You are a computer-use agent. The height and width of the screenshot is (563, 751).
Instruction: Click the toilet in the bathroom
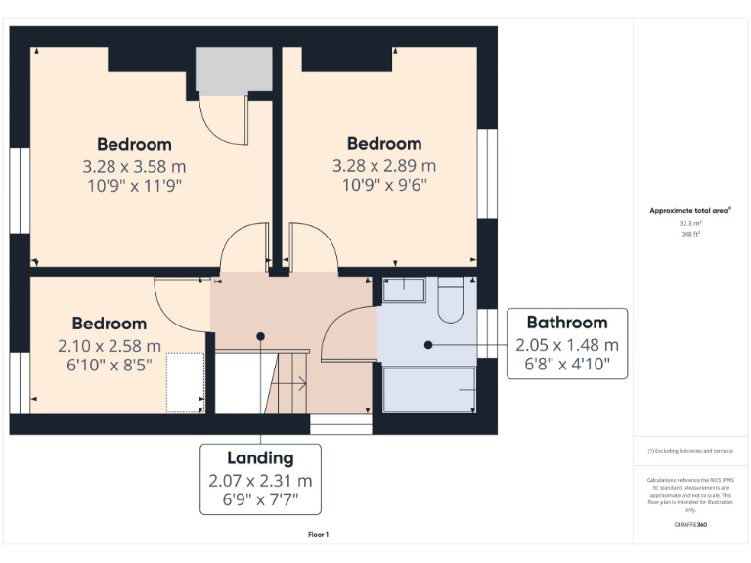tap(452, 301)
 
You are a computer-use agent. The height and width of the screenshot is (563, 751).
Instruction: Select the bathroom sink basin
tap(403, 288)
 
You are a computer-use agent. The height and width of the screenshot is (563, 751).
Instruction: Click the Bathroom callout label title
tap(567, 323)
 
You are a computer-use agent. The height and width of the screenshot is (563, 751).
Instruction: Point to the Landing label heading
tap(260, 457)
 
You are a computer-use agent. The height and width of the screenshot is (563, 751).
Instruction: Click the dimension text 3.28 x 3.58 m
tap(135, 165)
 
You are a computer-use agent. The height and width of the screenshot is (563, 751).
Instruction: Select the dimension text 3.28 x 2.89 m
tap(384, 165)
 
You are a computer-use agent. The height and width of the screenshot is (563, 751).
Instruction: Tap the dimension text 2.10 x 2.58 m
tap(110, 345)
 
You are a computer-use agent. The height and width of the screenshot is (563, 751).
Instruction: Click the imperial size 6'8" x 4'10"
tap(567, 364)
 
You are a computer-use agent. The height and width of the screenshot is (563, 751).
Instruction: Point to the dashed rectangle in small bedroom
tap(184, 382)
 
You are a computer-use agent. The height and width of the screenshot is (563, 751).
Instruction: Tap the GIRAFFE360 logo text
tap(690, 525)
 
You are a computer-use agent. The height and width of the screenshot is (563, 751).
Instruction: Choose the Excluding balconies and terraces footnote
tap(690, 451)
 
